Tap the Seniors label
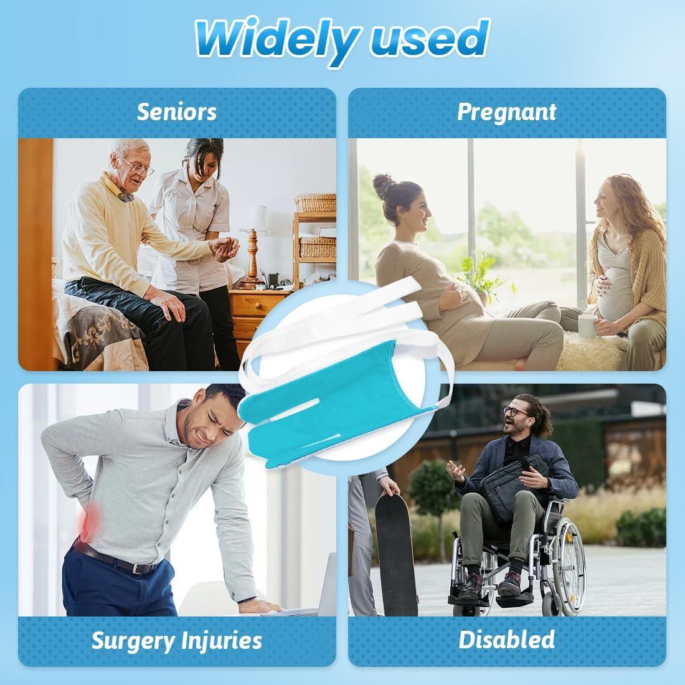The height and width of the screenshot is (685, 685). pos(176,112)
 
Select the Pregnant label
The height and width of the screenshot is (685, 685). pos(507,113)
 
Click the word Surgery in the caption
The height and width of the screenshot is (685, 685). pos(133,641)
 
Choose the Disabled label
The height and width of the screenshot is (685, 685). pos(507,640)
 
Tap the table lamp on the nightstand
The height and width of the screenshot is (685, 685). pos(253,245)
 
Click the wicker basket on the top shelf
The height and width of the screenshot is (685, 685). pos(316,203)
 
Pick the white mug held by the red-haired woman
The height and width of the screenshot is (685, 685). pos(587,326)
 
